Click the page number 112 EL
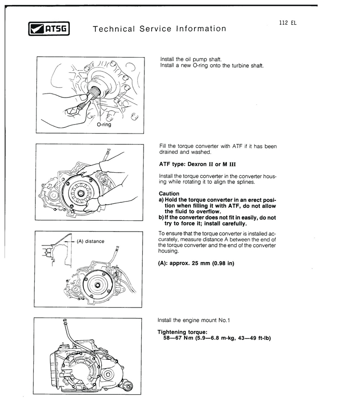(x=288, y=22)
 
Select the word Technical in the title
(x=113, y=29)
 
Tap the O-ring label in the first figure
(x=103, y=125)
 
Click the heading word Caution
(x=169, y=194)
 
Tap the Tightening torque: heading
(x=182, y=332)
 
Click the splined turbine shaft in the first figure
(x=94, y=94)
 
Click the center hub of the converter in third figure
(x=97, y=284)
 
